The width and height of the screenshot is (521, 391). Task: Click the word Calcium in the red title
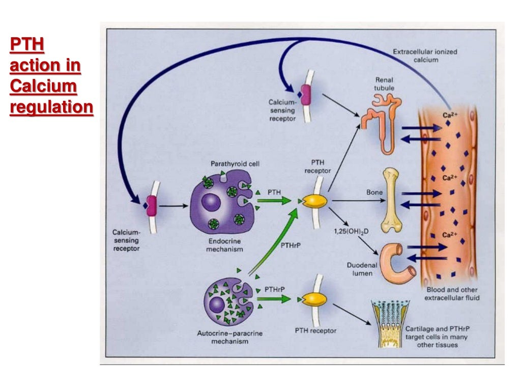pos(43,87)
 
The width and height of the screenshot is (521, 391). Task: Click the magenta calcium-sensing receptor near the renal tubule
pos(305,95)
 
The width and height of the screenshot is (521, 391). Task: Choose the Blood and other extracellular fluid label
pos(452,293)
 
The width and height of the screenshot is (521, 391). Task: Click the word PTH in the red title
pos(26,45)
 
